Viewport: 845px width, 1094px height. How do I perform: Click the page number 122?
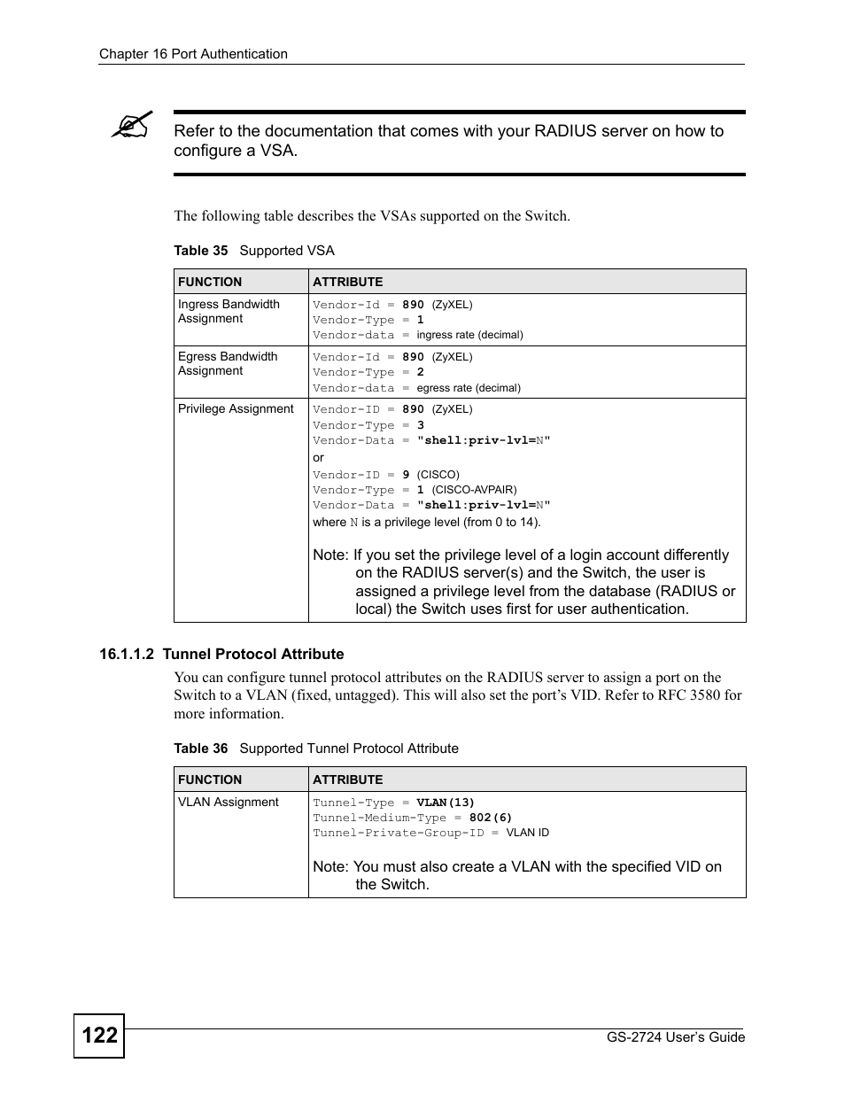99,1035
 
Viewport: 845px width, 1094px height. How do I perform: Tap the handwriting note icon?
132,125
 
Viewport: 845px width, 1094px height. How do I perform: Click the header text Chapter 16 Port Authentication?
193,54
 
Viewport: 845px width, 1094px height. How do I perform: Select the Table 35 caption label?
201,251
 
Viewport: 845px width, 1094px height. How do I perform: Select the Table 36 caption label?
201,749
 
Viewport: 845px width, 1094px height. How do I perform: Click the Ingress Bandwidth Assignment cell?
229,311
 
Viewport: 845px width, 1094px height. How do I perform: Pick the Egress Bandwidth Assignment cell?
228,363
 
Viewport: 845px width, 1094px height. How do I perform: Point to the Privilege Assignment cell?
236,409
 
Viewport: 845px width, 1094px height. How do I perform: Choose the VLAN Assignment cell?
229,803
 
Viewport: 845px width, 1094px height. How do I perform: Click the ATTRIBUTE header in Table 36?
348,780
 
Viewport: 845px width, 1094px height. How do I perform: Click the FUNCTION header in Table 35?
210,282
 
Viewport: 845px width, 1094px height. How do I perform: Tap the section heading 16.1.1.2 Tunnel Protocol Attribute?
221,654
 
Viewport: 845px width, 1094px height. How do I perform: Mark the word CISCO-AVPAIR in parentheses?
474,490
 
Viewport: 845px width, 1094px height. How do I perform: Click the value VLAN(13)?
446,803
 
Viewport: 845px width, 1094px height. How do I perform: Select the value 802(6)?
491,818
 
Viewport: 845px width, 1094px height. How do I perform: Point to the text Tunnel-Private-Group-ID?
398,833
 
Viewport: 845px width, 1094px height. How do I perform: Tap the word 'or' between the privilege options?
319,457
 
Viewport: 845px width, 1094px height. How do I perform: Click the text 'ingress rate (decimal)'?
469,335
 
